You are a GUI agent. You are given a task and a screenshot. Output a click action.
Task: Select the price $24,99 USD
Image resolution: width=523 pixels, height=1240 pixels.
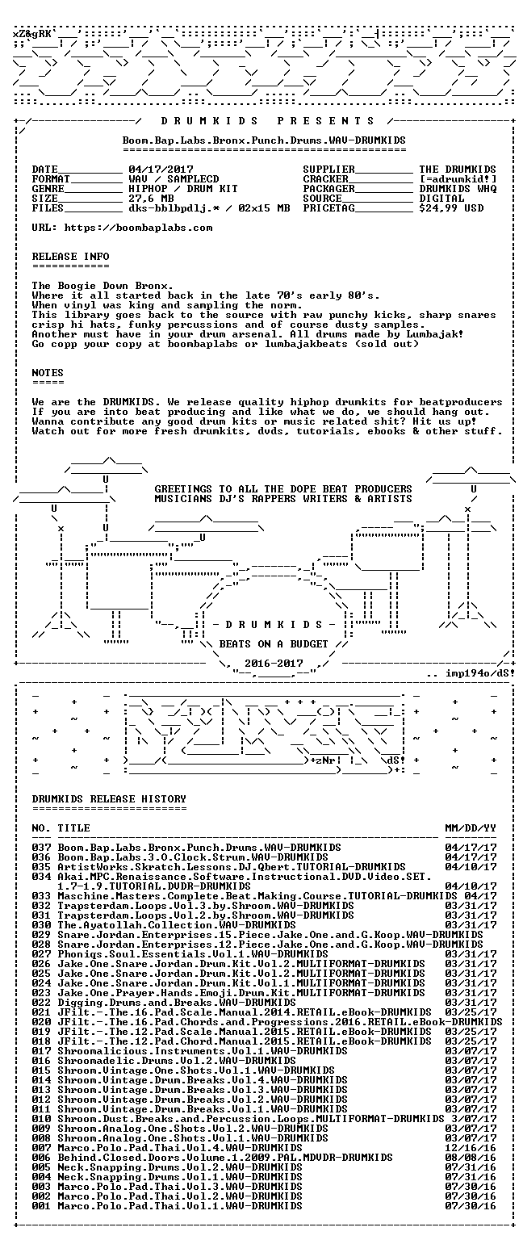click(451, 208)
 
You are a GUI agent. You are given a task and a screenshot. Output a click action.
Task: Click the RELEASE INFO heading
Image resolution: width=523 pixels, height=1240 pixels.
click(70, 256)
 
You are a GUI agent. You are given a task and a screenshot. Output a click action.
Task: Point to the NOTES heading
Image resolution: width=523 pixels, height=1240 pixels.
click(48, 372)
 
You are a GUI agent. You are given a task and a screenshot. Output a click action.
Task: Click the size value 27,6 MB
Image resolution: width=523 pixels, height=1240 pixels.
click(151, 198)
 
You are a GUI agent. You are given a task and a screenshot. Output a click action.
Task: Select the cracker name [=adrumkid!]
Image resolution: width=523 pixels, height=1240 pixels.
click(458, 178)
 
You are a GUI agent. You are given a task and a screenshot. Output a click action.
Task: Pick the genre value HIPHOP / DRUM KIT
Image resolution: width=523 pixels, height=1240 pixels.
click(183, 189)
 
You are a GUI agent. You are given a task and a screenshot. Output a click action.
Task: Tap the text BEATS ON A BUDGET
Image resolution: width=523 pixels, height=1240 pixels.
click(274, 643)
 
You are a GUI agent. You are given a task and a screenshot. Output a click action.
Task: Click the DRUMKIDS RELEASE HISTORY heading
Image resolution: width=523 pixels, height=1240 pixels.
click(109, 798)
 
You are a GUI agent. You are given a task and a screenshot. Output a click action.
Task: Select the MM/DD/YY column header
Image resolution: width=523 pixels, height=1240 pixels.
click(471, 828)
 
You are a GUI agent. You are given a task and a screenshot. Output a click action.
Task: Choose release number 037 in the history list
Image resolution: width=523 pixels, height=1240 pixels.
click(41, 848)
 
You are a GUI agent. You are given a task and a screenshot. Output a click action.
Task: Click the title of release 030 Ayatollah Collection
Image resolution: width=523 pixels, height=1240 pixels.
click(177, 925)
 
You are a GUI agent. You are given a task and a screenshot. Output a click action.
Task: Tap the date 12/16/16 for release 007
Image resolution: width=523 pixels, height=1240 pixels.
click(471, 1148)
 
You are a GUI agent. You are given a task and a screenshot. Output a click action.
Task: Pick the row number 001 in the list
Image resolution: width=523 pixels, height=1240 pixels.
click(41, 1206)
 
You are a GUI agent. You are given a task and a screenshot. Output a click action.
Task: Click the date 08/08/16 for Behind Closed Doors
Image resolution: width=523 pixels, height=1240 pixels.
click(471, 1158)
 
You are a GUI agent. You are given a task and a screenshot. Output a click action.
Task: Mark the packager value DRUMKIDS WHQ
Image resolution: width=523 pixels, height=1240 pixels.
click(458, 189)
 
